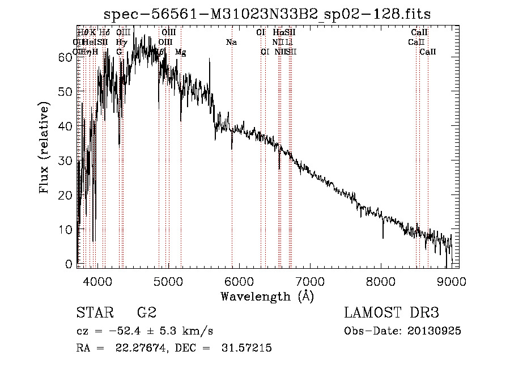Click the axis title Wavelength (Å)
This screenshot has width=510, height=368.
pos(267,295)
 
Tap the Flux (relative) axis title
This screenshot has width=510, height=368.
pos(45,147)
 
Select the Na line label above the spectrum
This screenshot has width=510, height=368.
pos(231,42)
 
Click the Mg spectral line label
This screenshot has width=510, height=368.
pos(180,52)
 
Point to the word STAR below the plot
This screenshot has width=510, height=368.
pos(94,312)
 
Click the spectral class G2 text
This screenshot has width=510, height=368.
pos(146,312)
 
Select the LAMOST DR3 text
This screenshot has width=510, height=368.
pos(392,312)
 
